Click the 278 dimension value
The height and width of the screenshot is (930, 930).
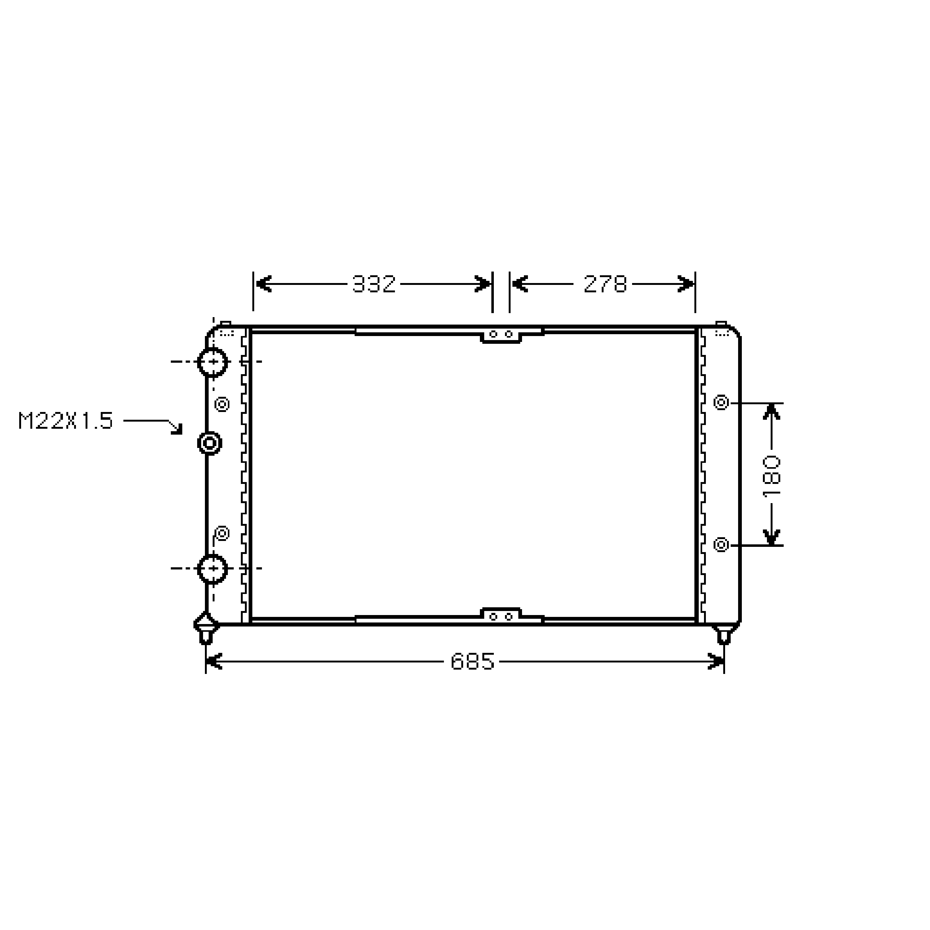[x=605, y=284]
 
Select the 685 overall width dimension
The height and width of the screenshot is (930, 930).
[x=472, y=662]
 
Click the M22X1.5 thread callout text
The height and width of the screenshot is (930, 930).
[x=65, y=421]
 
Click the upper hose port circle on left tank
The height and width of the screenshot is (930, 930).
[x=212, y=361]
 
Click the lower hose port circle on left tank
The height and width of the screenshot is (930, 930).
[x=212, y=569]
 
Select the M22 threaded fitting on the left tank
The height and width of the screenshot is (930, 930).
[x=209, y=443]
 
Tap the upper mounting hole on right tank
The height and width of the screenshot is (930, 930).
[x=721, y=402]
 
